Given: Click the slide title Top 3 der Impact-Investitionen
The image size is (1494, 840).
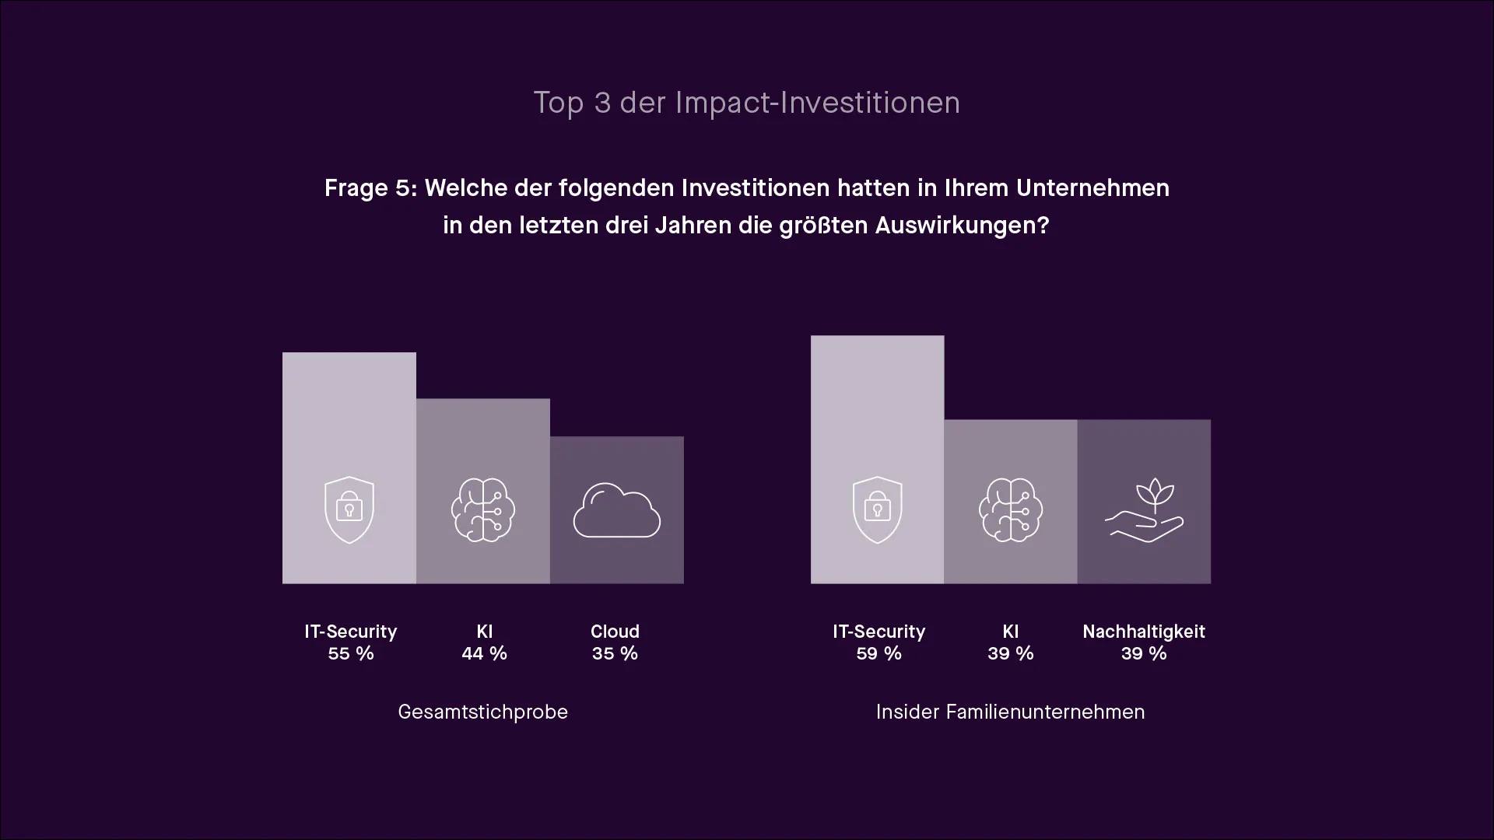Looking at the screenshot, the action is tap(746, 103).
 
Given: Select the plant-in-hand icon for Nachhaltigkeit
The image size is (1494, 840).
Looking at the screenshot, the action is tap(1145, 510).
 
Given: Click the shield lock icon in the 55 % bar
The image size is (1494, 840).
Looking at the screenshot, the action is tap(349, 510).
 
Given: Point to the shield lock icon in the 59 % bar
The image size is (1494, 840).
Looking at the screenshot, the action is tap(878, 510).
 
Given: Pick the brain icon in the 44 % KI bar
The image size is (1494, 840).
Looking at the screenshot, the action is tap(483, 510).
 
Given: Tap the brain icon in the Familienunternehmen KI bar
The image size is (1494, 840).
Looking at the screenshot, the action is tap(1011, 510).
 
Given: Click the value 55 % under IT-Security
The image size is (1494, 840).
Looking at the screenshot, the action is tap(351, 653).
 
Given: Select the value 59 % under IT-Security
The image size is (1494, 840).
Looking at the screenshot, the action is tap(879, 653).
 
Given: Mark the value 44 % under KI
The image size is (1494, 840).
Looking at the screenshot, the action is tap(484, 653).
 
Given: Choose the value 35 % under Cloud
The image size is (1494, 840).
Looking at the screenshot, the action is tap(615, 653).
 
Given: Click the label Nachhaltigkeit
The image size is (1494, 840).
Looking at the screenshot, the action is tap(1144, 632).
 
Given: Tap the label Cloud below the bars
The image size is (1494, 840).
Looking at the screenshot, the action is tap(615, 632).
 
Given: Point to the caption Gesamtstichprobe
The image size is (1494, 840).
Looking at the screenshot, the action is tap(483, 712).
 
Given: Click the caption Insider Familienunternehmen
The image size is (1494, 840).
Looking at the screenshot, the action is tap(1011, 712).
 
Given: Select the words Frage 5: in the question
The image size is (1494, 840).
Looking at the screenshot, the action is tap(370, 188).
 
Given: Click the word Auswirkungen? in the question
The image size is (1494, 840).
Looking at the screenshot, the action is tap(963, 226).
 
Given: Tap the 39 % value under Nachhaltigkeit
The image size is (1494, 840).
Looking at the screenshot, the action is tap(1144, 653).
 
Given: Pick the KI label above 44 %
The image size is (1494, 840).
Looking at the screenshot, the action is tap(484, 632).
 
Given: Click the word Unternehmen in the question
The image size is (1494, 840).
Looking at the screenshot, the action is tap(1092, 188).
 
